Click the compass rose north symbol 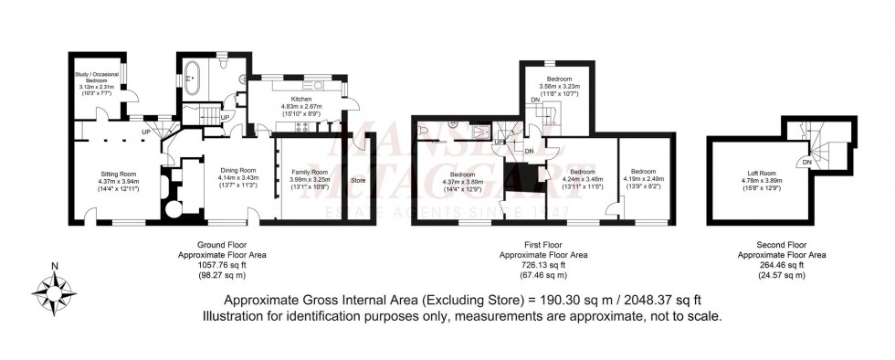56,267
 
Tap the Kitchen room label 301,98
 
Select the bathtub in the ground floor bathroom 192,77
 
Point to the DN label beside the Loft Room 807,162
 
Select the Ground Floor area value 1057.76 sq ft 211,265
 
